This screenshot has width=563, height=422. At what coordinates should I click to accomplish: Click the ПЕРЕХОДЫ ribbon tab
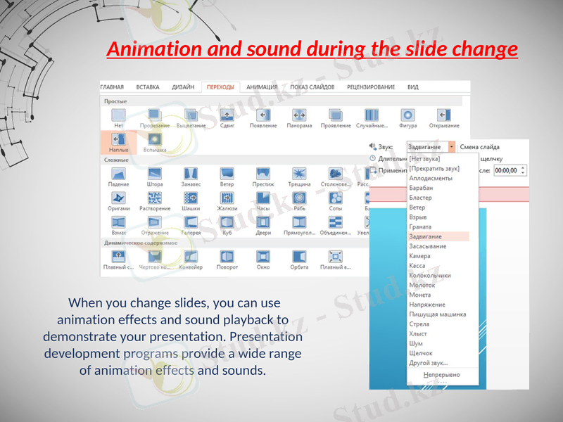[221, 87]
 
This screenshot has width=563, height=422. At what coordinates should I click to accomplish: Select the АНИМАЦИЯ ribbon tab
[262, 87]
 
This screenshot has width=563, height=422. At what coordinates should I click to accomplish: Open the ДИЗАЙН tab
[183, 87]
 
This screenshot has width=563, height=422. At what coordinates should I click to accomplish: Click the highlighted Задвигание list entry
[426, 237]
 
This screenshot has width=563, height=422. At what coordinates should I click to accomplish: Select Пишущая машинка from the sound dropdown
[437, 314]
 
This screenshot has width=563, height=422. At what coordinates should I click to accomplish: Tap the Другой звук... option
[428, 363]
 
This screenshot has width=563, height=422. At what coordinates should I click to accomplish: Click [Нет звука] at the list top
[424, 159]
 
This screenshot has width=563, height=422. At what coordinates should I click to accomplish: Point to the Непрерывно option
[441, 375]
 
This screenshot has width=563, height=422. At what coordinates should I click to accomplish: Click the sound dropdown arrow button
[452, 147]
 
